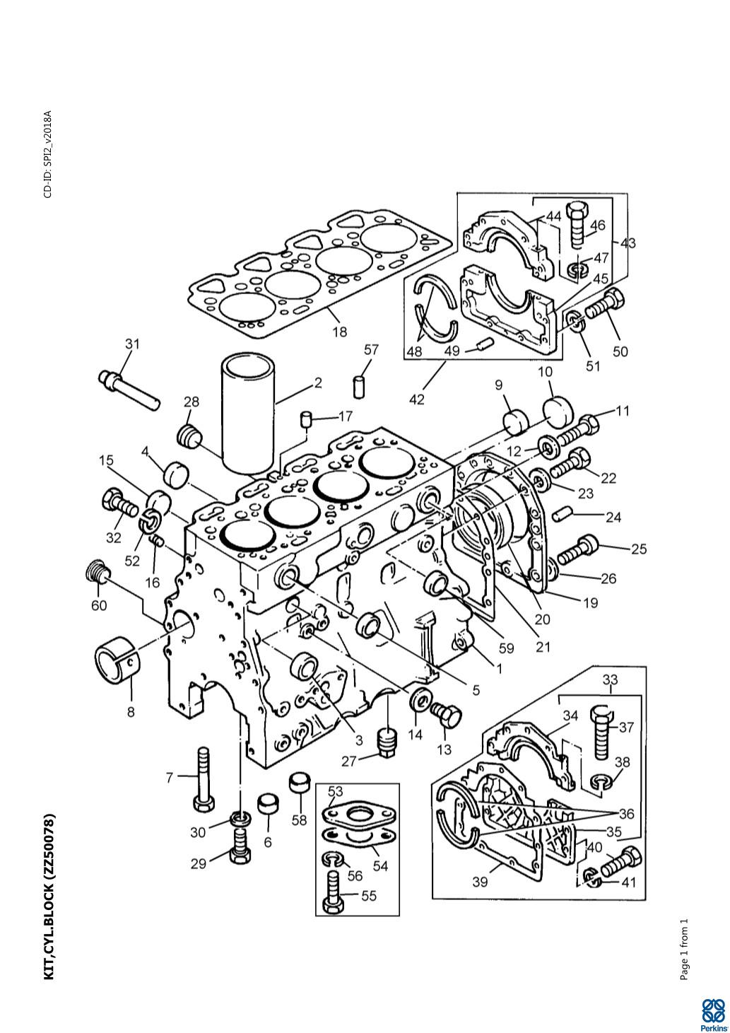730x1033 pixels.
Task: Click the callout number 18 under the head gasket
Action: pos(340,330)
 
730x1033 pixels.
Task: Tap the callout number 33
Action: pos(610,679)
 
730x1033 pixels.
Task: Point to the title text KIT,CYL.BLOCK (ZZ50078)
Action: pos(49,897)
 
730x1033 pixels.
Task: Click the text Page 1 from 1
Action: pos(683,950)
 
